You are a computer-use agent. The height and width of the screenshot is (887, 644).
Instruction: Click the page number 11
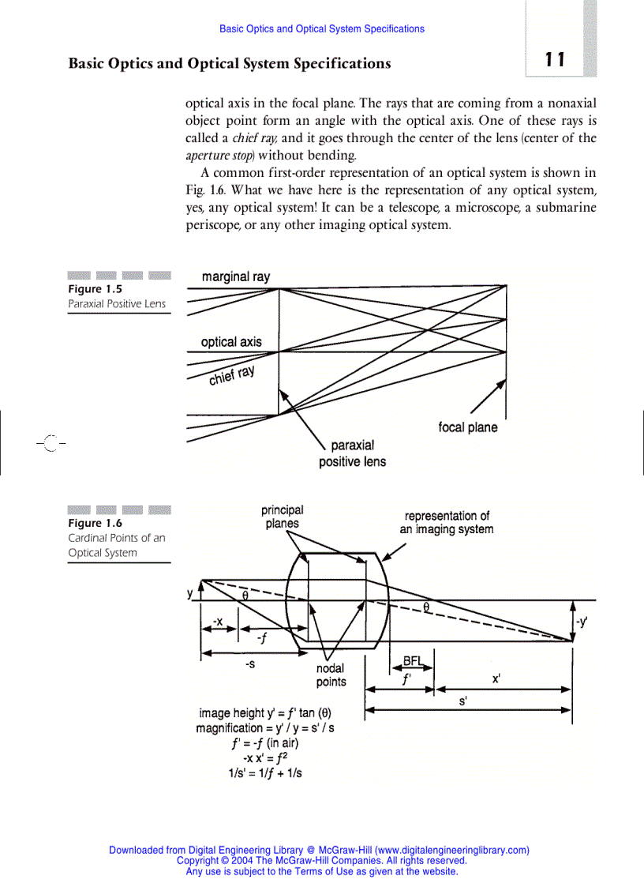pos(555,60)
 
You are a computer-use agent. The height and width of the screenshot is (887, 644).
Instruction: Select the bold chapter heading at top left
pos(229,63)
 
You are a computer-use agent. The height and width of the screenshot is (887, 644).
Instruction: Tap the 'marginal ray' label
pos(235,277)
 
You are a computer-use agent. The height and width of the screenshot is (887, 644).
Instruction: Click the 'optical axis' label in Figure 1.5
pos(230,342)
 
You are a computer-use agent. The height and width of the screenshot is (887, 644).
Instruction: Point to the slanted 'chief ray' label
pos(231,375)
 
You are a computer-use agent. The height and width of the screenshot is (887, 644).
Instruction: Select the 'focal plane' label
pos(467,427)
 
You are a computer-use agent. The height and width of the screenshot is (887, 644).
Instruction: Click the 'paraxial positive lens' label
pos(352,454)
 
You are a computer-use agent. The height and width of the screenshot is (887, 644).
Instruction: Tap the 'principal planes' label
pos(282,517)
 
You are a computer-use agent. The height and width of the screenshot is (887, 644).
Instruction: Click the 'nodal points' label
pos(331,675)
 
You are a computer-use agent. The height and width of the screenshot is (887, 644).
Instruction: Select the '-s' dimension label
pos(249,665)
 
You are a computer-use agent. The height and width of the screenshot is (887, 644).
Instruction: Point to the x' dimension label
pos(496,678)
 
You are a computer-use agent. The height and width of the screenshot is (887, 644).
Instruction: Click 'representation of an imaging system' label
pos(446,522)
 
